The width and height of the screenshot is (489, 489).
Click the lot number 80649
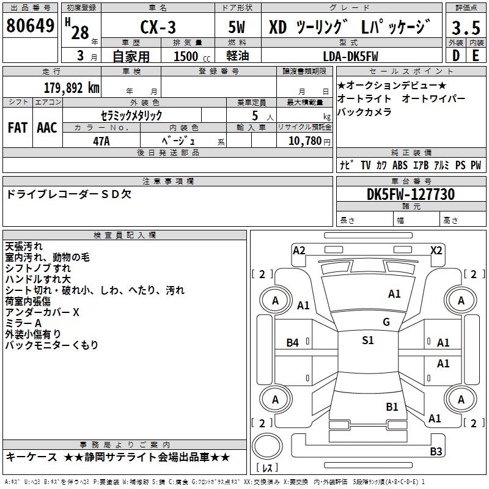30,26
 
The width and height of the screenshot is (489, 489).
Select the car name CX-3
158,27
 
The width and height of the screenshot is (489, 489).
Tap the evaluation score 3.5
466,28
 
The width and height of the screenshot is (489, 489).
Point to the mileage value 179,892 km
72,88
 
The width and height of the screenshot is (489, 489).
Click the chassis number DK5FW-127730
411,194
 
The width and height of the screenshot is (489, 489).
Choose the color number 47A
101,141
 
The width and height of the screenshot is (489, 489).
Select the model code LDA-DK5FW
350,56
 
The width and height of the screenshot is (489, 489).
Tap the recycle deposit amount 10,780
305,141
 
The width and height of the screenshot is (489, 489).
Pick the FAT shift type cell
18,128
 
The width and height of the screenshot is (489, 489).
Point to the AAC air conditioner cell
47,128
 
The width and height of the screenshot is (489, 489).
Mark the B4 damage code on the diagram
293,343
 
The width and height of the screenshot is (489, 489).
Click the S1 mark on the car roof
368,340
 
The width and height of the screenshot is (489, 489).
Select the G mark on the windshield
386,322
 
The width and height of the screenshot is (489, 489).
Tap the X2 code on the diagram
436,251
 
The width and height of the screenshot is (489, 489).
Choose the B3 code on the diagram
436,451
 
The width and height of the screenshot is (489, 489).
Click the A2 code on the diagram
299,251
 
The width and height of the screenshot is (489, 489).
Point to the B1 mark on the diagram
392,406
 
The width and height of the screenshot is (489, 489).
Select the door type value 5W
237,27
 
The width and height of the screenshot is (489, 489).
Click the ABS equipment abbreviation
400,165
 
